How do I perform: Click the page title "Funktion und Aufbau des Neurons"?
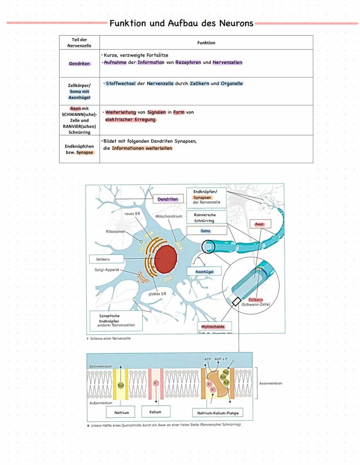[181, 23]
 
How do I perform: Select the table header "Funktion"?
[206, 43]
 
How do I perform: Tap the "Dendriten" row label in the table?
[80, 64]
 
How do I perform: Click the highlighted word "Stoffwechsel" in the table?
[120, 84]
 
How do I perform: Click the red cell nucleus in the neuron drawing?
[166, 258]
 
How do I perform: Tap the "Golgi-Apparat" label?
[107, 270]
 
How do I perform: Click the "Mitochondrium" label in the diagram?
[169, 216]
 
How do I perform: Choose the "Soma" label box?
[206, 231]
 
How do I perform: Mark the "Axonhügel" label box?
[204, 271]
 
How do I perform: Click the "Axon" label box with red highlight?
[260, 224]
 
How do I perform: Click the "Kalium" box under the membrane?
[155, 412]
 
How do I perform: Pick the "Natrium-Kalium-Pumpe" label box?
[217, 412]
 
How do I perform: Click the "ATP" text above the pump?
[207, 359]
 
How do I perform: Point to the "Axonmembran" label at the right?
[270, 384]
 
